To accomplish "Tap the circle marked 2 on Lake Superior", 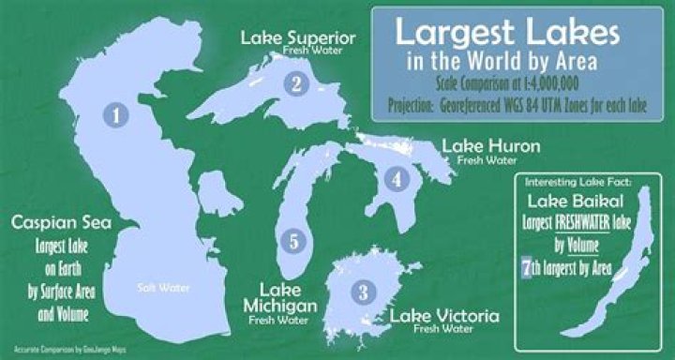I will click(296, 83).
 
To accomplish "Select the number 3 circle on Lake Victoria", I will click(362, 291).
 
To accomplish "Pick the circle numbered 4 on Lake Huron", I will click(397, 176).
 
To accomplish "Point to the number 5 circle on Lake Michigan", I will click(294, 241).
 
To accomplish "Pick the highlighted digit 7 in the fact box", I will click(526, 270).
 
